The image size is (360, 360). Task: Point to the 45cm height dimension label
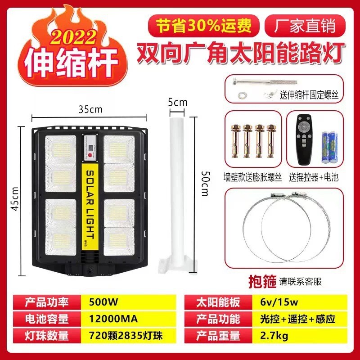[15, 199]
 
